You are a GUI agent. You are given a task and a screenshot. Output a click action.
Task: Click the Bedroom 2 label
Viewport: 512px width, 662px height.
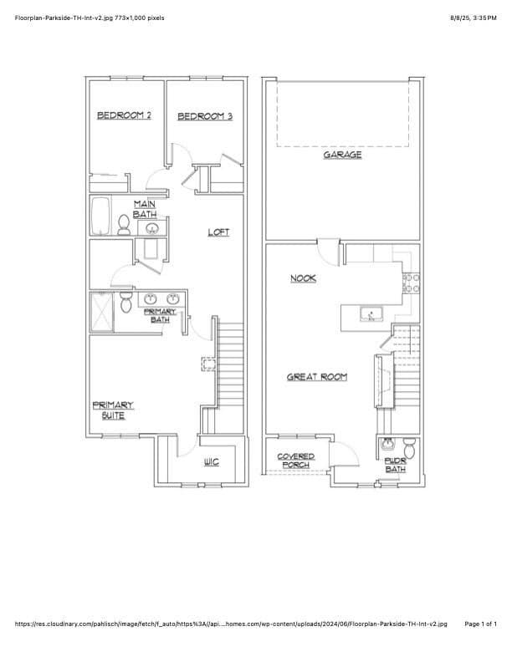click(x=124, y=115)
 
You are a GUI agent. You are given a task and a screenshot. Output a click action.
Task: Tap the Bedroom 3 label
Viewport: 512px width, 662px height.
click(x=205, y=116)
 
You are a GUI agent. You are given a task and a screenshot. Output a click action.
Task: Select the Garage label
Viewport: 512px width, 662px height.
click(x=343, y=155)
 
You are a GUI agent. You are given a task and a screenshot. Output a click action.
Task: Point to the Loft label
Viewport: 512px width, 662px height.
click(x=218, y=232)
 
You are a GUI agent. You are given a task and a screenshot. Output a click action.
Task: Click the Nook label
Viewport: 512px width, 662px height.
click(x=304, y=278)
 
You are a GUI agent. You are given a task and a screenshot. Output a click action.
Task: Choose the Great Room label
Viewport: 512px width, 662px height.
click(x=317, y=377)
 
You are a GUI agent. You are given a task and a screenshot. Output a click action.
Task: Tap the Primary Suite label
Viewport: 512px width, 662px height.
click(x=113, y=410)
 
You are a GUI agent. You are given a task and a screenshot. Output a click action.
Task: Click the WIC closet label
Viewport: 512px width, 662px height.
click(x=212, y=462)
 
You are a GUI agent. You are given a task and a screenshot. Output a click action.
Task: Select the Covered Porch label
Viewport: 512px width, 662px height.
click(x=295, y=461)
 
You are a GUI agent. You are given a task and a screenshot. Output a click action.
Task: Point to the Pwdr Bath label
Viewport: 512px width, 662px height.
click(x=396, y=466)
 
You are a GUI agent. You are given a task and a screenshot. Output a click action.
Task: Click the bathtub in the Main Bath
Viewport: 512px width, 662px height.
click(x=100, y=216)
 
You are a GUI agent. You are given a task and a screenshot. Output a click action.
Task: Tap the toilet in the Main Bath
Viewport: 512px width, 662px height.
click(x=124, y=225)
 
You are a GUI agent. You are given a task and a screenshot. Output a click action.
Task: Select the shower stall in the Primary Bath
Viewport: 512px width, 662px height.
click(x=102, y=312)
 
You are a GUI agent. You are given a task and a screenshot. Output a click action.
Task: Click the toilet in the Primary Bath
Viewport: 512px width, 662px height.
click(x=125, y=302)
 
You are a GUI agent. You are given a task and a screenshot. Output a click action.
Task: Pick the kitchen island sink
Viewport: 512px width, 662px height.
click(x=371, y=314)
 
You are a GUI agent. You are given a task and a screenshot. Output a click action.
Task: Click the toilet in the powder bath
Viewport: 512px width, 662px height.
click(x=409, y=448)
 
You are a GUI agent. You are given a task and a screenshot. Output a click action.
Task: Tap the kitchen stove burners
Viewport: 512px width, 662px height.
click(x=411, y=283)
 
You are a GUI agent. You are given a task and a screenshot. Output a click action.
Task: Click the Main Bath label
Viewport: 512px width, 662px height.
click(x=145, y=210)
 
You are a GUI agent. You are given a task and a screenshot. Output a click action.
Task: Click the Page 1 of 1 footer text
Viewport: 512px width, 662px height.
click(x=481, y=624)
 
